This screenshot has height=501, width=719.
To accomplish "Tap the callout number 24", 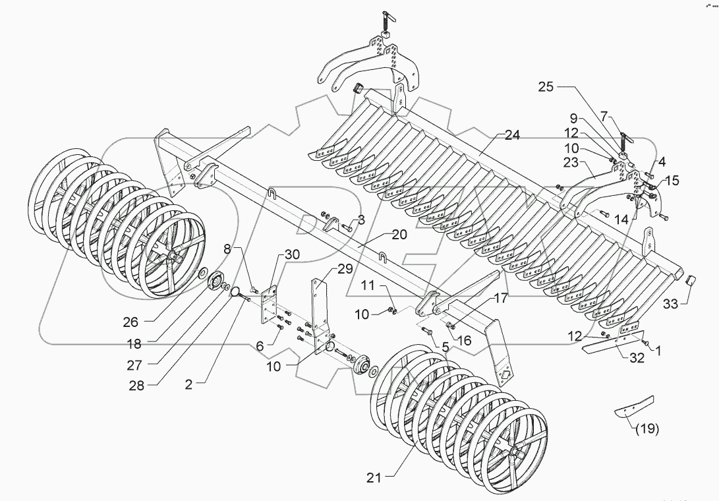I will pos(512,135).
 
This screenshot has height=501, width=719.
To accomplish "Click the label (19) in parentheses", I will pos(647,430).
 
